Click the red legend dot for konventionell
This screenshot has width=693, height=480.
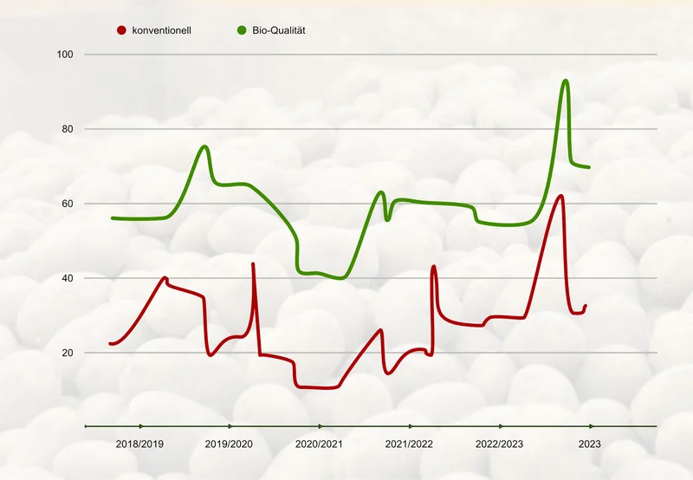tap(121, 30)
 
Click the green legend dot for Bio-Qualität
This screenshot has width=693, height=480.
tap(242, 30)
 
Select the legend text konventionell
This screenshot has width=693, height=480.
tap(162, 30)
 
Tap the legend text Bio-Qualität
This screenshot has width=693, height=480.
tap(279, 30)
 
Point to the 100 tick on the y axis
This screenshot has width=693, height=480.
tap(65, 55)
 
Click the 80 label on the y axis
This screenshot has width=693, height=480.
tap(68, 129)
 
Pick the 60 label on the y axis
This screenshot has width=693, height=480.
tap(68, 204)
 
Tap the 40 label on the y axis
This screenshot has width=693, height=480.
tap(68, 278)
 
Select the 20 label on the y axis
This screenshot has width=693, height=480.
tap(68, 353)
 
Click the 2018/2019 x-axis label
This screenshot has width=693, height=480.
tap(139, 444)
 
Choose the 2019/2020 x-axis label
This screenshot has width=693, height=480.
tap(229, 444)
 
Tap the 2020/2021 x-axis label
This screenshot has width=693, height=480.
tap(319, 444)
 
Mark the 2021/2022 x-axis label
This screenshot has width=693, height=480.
tap(409, 444)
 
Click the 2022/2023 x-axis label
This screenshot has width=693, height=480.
tap(500, 444)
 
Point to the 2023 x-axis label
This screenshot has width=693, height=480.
tap(590, 444)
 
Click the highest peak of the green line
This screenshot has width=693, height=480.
tap(566, 81)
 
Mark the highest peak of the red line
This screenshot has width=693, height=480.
tap(560, 195)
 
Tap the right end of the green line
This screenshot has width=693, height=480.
tap(589, 167)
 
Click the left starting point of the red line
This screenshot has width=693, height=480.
tap(111, 343)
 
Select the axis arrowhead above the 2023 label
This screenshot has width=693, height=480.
tap(592, 426)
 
